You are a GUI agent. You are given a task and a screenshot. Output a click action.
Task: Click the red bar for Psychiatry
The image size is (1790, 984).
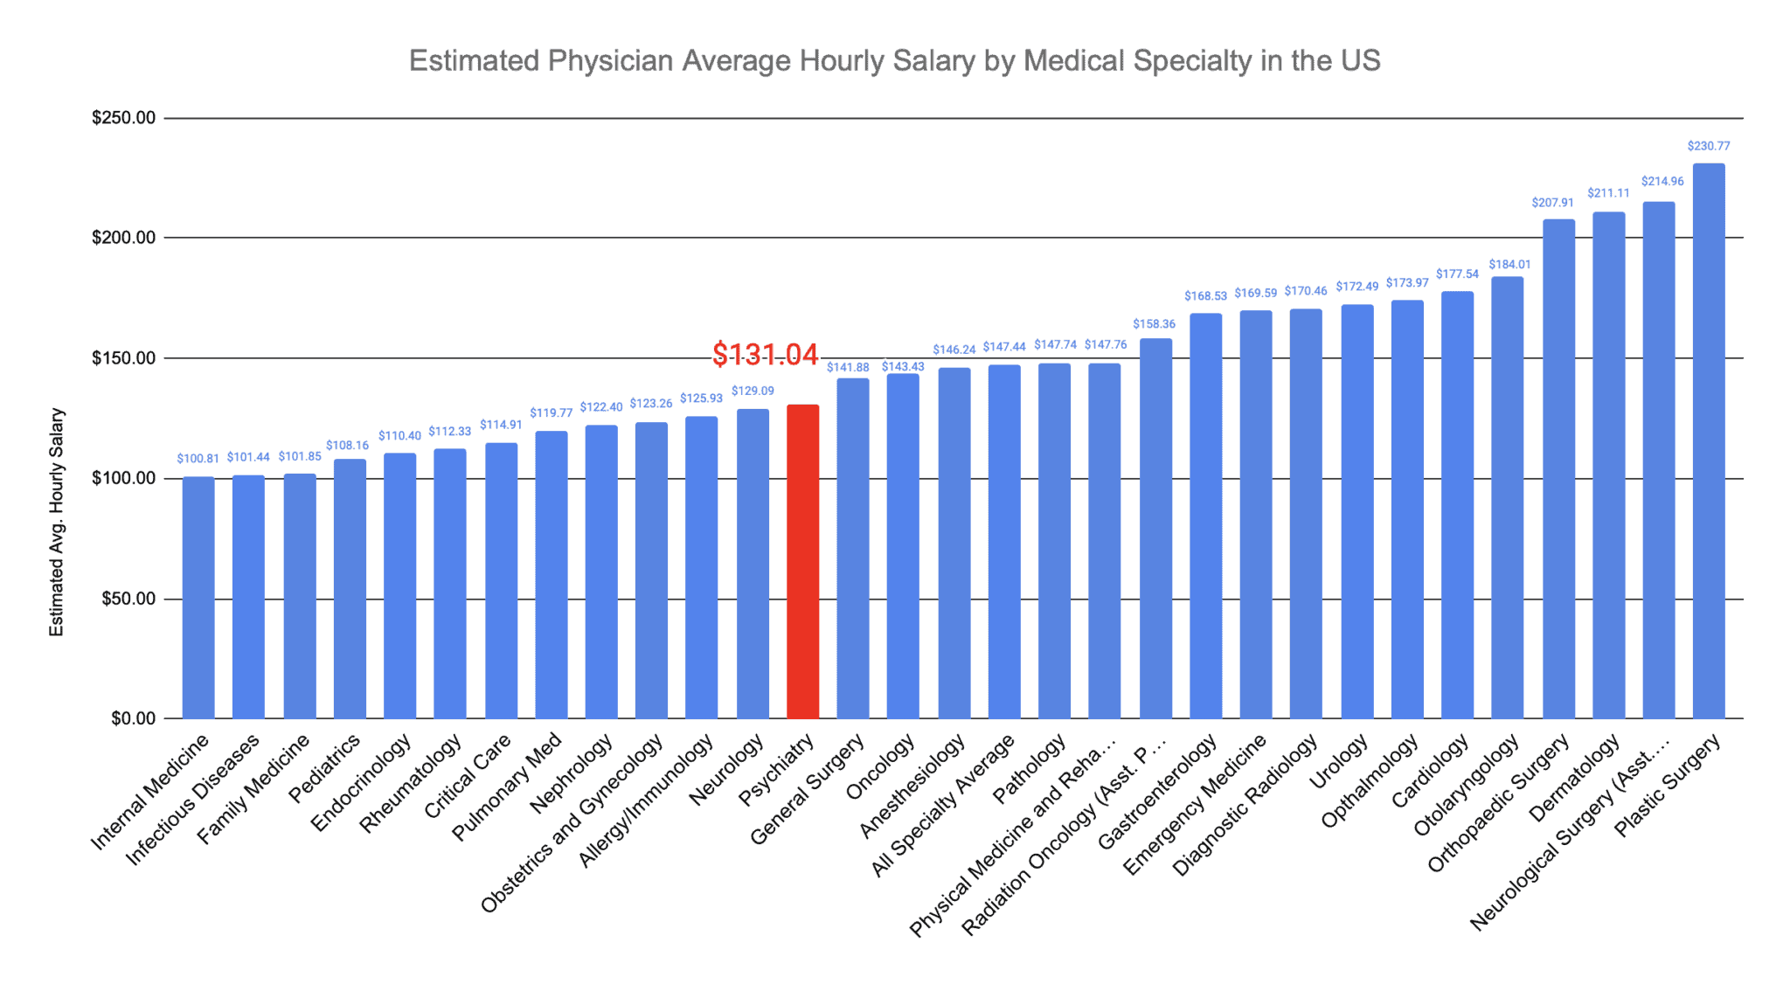pos(802,561)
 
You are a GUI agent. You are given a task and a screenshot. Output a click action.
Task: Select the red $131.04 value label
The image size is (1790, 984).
pos(765,354)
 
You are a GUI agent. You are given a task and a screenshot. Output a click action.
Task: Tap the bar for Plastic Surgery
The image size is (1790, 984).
pos(1708,440)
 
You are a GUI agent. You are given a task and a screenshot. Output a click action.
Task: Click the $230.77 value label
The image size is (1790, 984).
pos(1708,146)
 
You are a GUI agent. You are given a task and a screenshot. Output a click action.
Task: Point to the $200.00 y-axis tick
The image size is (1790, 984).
pos(123,238)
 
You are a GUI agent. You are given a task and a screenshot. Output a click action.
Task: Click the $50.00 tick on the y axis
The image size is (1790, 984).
pos(128,599)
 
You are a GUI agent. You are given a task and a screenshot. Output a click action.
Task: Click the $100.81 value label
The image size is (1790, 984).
pos(198,459)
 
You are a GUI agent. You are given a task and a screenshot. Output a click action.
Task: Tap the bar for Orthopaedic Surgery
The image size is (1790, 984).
pos(1558,468)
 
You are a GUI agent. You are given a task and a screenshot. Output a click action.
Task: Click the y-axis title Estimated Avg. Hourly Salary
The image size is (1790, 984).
pos(57,522)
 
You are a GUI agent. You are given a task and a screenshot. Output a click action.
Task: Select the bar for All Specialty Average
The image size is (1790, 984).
pos(1004,542)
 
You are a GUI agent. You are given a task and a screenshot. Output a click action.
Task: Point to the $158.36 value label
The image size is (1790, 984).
pos(1154,324)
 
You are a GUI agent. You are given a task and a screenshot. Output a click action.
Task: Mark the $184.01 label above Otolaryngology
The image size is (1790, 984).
pos(1509,265)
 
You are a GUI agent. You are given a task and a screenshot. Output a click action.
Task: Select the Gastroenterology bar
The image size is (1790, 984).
pos(1205,516)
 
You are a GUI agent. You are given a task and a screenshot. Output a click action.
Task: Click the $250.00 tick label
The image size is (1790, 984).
pos(123,118)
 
